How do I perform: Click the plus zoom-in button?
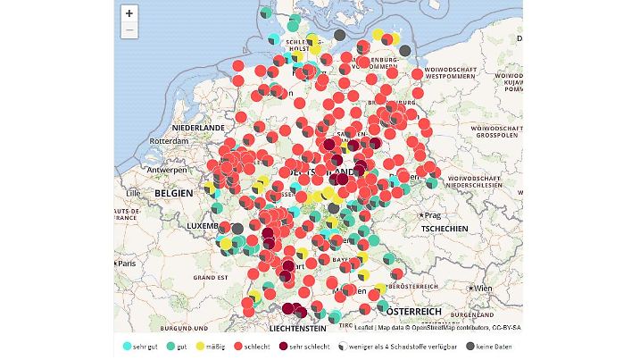[129, 13]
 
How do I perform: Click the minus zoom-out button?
[129, 30]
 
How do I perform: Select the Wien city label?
[484, 289]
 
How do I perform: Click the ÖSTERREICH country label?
[413, 311]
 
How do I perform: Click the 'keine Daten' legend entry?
[490, 346]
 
